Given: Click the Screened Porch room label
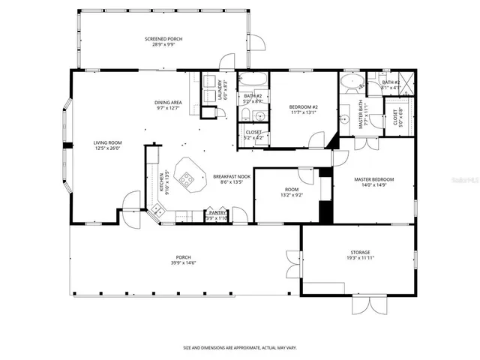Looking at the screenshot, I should [163, 39].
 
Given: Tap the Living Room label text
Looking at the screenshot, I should [107, 142].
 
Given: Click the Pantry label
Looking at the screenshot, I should [217, 212].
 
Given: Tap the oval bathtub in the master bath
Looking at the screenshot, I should [350, 82].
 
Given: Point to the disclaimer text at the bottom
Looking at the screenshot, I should [239, 348].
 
